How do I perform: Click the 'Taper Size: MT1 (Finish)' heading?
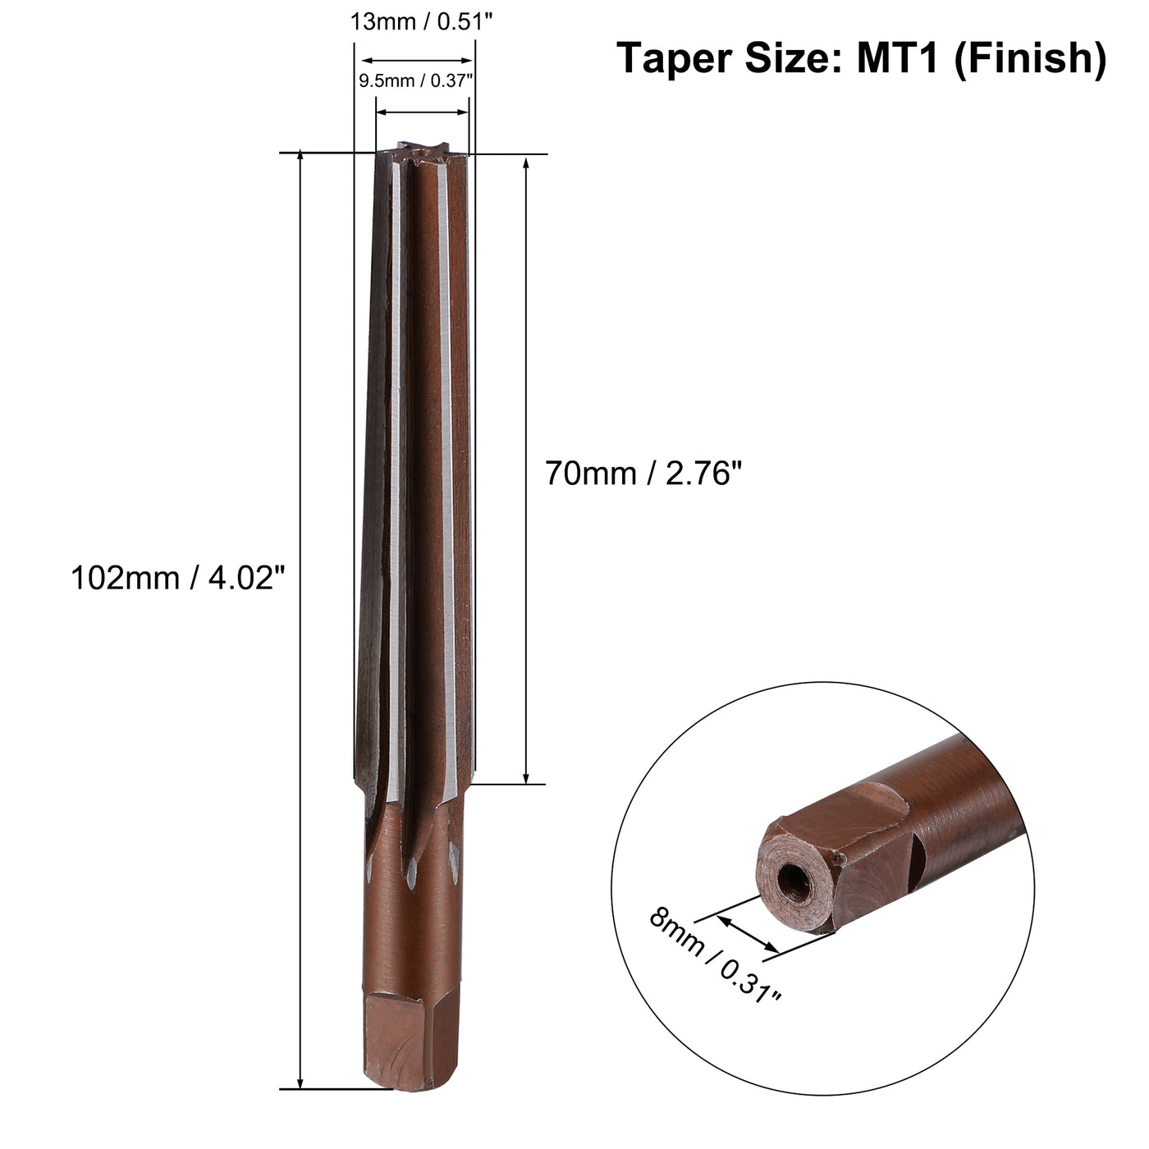861,58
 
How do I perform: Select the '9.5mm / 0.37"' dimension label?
417,81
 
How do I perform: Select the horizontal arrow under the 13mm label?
417,60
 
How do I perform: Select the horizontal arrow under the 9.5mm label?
422,112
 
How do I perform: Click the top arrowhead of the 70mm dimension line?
526,163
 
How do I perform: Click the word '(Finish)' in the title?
1030,58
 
